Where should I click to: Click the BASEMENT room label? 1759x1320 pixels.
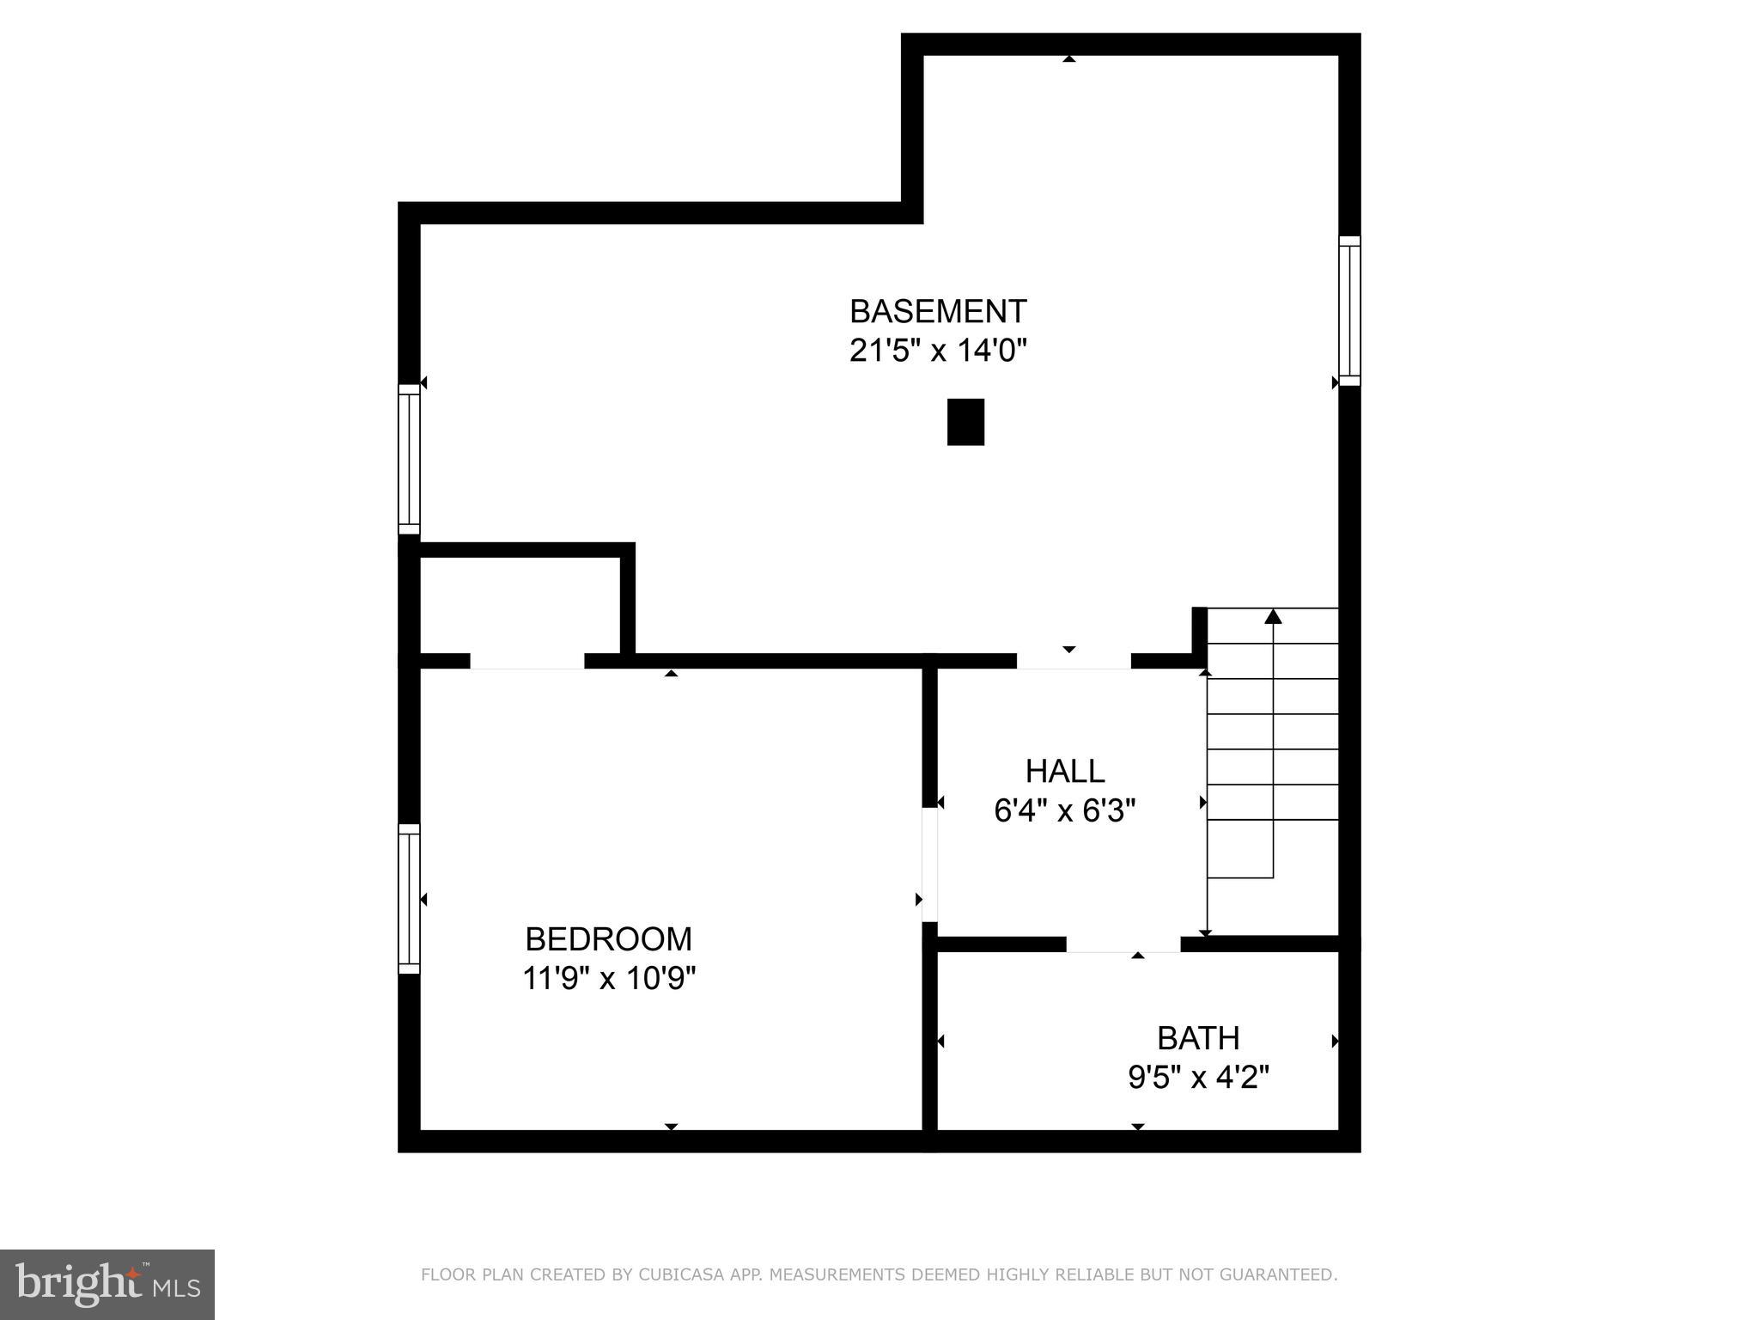[938, 310]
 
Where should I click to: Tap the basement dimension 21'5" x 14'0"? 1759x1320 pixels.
[938, 351]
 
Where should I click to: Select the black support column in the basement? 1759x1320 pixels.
[965, 422]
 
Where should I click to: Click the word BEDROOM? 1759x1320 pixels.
[608, 939]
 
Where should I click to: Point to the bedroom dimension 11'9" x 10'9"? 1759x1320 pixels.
[608, 978]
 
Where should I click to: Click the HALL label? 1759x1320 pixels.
[1065, 771]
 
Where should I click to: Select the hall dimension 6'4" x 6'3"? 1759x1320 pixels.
[1065, 810]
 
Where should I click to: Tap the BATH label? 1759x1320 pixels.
[1198, 1038]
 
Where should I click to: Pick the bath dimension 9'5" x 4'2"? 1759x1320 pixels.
[1198, 1077]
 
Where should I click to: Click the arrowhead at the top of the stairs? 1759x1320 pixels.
[1273, 616]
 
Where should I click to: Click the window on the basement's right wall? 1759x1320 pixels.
[1349, 310]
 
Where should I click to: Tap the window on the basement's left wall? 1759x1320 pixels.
[409, 459]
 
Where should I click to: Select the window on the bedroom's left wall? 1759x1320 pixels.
[409, 899]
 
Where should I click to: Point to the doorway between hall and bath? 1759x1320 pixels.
[1123, 944]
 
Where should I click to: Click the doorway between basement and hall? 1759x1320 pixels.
[1074, 661]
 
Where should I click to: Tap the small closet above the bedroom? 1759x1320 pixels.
[520, 605]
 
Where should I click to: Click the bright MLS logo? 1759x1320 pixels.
[107, 1285]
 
